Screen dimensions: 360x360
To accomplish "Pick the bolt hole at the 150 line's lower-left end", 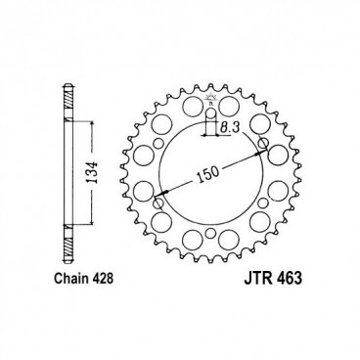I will coord(156,204).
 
